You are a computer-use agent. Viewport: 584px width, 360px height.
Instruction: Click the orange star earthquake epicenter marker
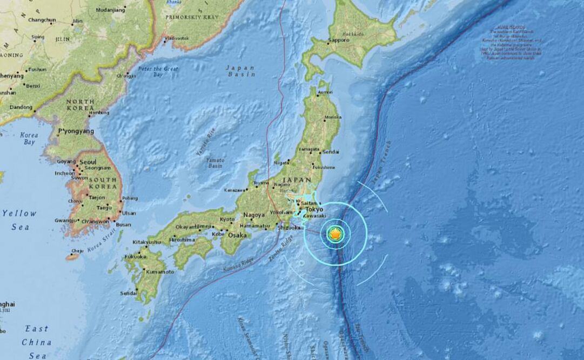coord(335,234)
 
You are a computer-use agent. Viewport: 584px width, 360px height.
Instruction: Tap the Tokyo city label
coord(314,209)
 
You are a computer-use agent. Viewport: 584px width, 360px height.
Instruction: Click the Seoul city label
coord(88,162)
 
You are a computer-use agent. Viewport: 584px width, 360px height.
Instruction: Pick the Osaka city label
coord(237,235)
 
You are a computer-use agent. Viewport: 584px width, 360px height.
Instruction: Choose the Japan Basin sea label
coord(240,71)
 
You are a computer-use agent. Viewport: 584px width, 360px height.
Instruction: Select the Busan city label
coord(123,225)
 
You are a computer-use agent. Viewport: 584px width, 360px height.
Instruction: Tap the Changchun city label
coord(42,20)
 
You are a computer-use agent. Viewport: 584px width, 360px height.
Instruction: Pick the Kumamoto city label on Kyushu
coord(160,271)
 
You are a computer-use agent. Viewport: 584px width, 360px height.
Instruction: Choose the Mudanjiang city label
coord(111,10)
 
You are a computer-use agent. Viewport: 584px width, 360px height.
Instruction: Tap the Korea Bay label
coord(29,138)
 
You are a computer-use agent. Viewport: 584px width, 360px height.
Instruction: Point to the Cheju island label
coord(77,251)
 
